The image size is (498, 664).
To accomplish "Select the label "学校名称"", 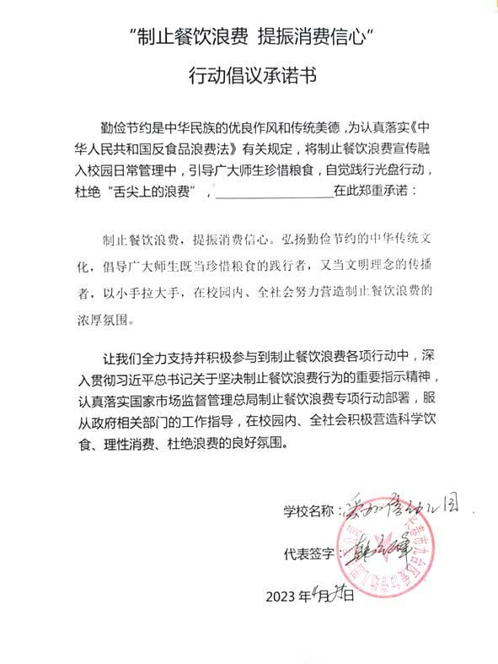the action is coord(309,511).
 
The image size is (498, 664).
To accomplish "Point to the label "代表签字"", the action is coord(309,554).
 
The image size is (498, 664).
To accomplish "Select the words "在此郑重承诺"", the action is coord(367,192).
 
